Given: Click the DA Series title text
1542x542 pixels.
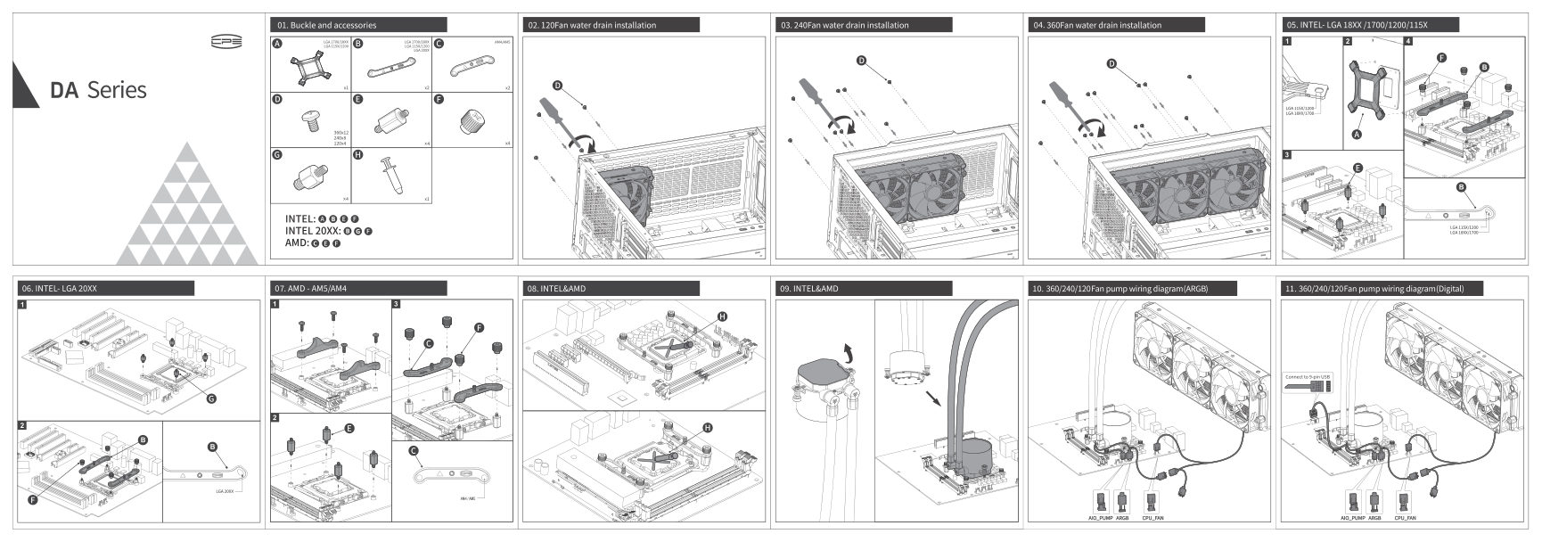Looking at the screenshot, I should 98,90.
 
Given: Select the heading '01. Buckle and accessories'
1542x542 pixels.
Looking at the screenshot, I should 327,25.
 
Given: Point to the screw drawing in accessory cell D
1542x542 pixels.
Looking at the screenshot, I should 311,119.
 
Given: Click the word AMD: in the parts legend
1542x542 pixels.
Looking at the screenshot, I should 297,242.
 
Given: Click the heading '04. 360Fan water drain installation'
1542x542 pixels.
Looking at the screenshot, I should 1097,25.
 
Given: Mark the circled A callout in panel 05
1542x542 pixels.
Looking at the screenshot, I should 1357,135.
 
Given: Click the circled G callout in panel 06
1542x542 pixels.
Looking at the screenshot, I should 211,398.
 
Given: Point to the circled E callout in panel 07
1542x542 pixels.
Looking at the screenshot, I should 349,429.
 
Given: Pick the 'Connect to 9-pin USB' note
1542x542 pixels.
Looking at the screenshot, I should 1308,376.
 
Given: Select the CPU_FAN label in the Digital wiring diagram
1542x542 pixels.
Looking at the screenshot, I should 1406,517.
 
